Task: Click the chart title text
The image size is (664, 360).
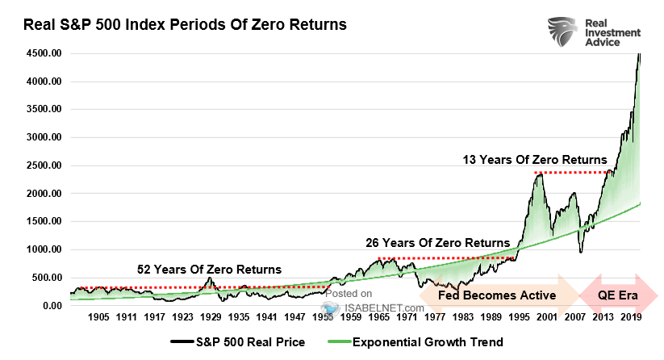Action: coord(185,25)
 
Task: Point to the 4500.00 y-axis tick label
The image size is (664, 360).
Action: coord(43,53)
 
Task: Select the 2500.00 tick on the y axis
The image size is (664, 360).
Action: coord(43,165)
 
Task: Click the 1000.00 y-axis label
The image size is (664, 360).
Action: coord(43,249)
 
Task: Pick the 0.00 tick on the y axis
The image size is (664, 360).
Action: coord(52,306)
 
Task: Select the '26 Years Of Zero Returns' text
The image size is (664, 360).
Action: coord(437,242)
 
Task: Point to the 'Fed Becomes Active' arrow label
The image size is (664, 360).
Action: coord(497,295)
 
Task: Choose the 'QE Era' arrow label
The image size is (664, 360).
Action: coord(617,295)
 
